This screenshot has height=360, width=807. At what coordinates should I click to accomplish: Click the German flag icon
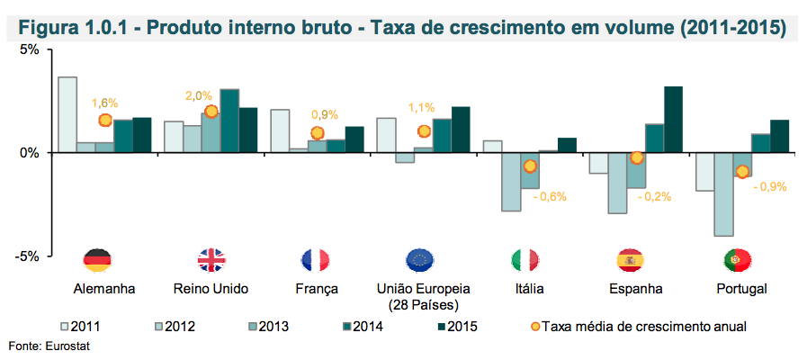97,261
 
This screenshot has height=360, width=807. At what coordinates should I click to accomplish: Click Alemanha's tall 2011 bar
67,114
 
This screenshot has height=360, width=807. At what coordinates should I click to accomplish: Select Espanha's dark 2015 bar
673,120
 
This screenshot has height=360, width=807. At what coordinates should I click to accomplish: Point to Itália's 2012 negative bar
512,182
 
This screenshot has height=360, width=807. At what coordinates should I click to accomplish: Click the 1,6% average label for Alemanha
105,103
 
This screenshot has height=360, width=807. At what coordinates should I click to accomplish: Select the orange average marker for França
317,133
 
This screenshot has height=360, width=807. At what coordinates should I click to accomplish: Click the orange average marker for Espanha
637,157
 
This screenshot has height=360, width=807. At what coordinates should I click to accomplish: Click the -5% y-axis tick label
28,256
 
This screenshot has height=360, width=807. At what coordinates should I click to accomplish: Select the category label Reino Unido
211,289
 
